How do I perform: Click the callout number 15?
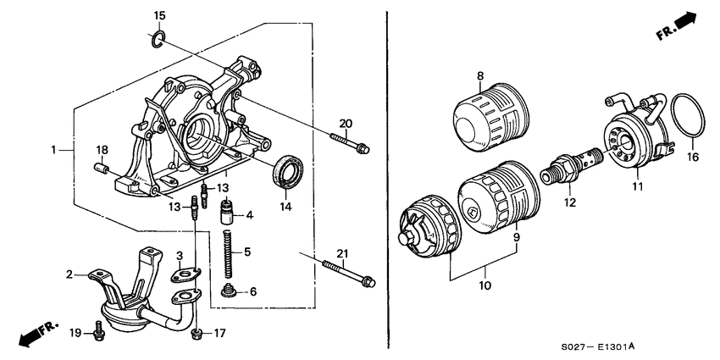click(x=160, y=16)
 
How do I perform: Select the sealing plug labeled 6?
click(x=227, y=292)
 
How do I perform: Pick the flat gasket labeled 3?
click(x=185, y=271)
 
